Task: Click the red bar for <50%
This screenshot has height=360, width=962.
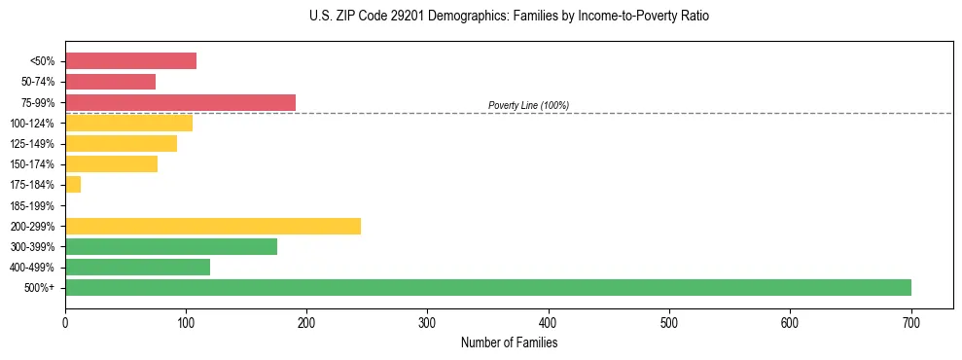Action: [130, 61]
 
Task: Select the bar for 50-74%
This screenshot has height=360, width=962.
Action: [110, 82]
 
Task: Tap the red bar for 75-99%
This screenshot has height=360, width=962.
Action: [180, 102]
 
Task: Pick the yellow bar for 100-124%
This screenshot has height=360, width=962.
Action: [128, 123]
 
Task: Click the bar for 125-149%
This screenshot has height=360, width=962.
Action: [121, 143]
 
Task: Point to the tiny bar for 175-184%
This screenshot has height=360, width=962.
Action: [73, 184]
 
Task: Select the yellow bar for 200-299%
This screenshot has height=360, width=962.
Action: [213, 226]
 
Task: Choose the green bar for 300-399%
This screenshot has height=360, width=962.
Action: [171, 246]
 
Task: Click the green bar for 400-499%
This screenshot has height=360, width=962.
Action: [137, 267]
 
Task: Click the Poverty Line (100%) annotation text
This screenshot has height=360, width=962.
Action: [528, 105]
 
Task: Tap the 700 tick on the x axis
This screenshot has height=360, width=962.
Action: [911, 322]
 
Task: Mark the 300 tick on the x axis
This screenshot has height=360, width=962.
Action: [428, 322]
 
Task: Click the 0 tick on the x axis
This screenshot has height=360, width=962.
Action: [65, 322]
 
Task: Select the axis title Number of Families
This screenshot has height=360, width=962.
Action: [509, 342]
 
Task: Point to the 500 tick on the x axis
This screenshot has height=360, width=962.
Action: [669, 322]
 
